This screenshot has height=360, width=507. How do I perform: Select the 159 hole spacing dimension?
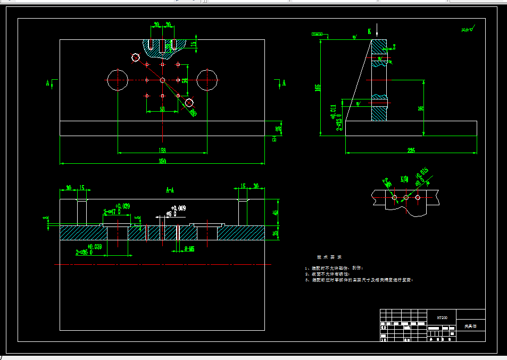pyautogui.click(x=162, y=150)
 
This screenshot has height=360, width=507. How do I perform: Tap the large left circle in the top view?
pyautogui.click(x=117, y=80)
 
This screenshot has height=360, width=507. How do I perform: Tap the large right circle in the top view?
pyautogui.click(x=207, y=80)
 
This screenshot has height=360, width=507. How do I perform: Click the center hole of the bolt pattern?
pyautogui.click(x=162, y=80)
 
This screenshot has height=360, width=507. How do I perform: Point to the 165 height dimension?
pyautogui.click(x=318, y=87)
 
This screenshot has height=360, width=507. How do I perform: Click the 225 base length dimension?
pyautogui.click(x=411, y=150)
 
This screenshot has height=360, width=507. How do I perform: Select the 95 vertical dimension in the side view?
pyautogui.click(x=421, y=108)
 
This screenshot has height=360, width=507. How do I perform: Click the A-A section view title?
pyautogui.click(x=171, y=189)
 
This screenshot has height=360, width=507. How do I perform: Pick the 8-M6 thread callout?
pyautogui.click(x=189, y=248)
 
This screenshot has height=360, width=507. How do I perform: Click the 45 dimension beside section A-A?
pyautogui.click(x=276, y=213)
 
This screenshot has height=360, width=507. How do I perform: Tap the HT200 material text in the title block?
pyautogui.click(x=442, y=317)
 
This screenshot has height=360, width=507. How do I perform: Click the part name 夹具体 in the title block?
pyautogui.click(x=470, y=326)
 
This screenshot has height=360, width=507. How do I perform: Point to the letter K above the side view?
pyautogui.click(x=369, y=31)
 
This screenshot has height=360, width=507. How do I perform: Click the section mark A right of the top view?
pyautogui.click(x=284, y=83)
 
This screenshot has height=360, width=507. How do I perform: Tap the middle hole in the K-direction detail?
pyautogui.click(x=406, y=198)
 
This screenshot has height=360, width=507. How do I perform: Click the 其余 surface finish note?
pyautogui.click(x=468, y=30)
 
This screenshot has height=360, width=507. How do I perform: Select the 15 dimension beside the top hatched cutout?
pyautogui.click(x=194, y=44)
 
